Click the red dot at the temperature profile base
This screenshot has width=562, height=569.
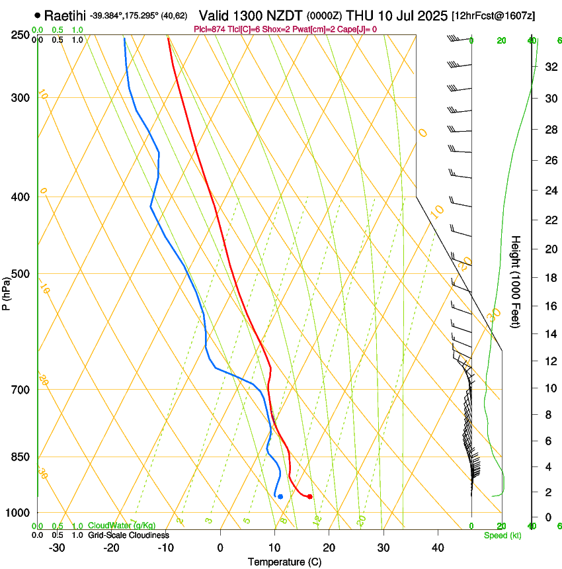309,496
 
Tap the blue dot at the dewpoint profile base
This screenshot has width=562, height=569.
280,496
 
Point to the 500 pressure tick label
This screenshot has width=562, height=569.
20,274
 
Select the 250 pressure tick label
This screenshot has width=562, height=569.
20,35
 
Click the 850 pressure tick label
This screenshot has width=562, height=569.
20,457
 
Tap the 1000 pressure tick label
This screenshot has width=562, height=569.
18,513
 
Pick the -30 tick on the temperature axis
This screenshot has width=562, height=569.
57,548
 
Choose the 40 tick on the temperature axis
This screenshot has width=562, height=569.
438,548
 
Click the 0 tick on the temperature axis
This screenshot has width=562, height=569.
220,548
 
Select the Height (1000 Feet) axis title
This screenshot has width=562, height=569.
516,281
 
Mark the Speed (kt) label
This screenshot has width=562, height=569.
502,535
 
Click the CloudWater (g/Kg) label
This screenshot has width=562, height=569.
112,526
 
